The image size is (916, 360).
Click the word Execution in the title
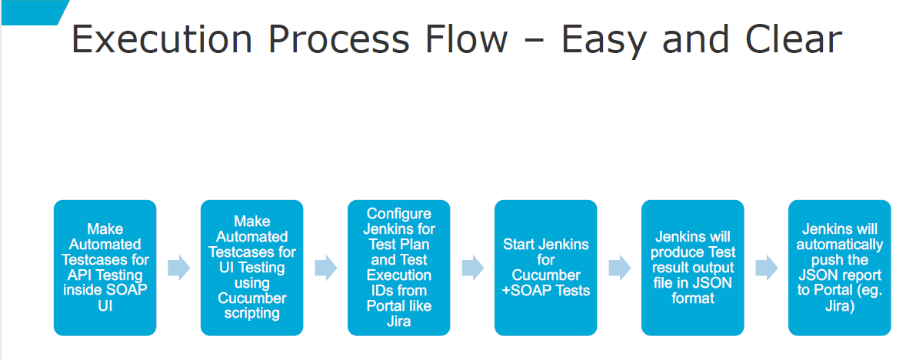point(162,40)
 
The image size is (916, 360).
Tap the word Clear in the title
point(785,40)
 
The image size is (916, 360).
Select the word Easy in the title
point(601,43)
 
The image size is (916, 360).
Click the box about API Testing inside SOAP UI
point(105,268)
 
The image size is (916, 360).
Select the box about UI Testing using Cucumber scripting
point(251,268)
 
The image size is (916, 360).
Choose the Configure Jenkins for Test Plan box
point(399,268)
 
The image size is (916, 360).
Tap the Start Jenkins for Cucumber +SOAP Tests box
point(545,268)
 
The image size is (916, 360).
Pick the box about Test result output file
point(693,268)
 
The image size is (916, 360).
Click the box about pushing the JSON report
point(839,268)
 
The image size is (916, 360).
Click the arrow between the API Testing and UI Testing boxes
point(178,268)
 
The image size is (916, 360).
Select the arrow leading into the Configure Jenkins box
point(325,268)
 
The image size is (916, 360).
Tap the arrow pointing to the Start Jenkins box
point(472,268)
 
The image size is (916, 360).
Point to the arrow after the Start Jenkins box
point(619,268)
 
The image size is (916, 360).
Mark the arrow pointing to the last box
point(767,268)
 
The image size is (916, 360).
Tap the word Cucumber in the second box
point(251,298)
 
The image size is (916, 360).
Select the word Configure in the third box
point(399,214)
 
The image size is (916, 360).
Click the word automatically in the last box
point(839,245)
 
